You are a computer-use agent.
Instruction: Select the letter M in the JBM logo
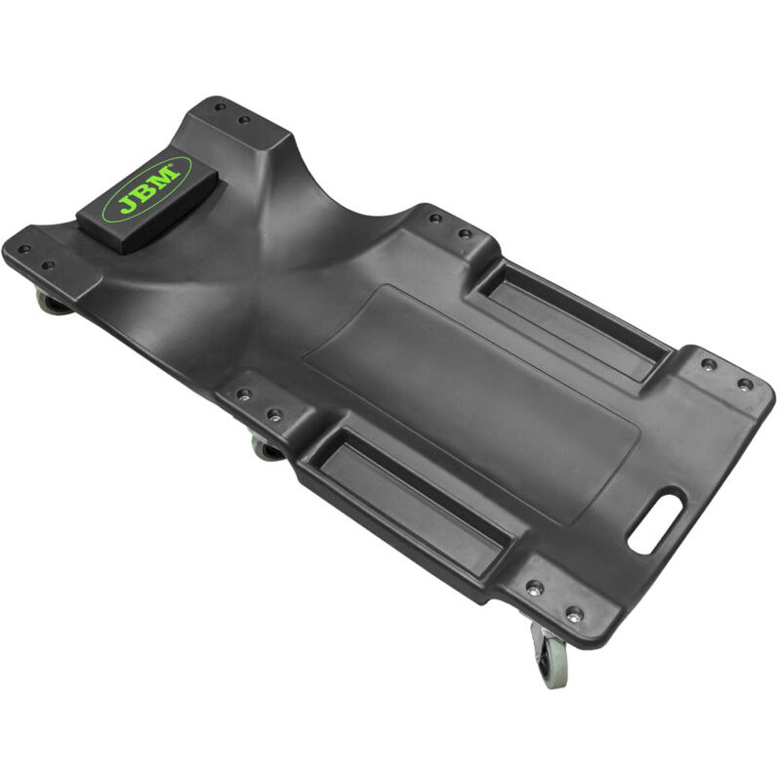[168, 177]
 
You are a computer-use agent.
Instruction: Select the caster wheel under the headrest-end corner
[53, 303]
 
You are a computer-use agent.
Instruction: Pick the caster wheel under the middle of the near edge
[267, 449]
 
